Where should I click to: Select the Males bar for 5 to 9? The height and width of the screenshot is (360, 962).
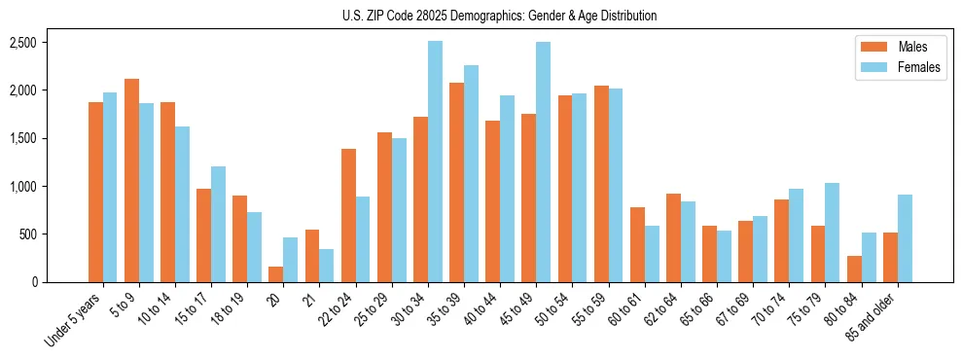tap(131, 181)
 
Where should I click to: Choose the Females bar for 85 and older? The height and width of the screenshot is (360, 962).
tap(905, 238)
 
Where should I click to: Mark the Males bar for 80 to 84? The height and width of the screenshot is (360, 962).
tap(854, 270)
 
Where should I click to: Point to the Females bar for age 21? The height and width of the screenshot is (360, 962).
tap(327, 266)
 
